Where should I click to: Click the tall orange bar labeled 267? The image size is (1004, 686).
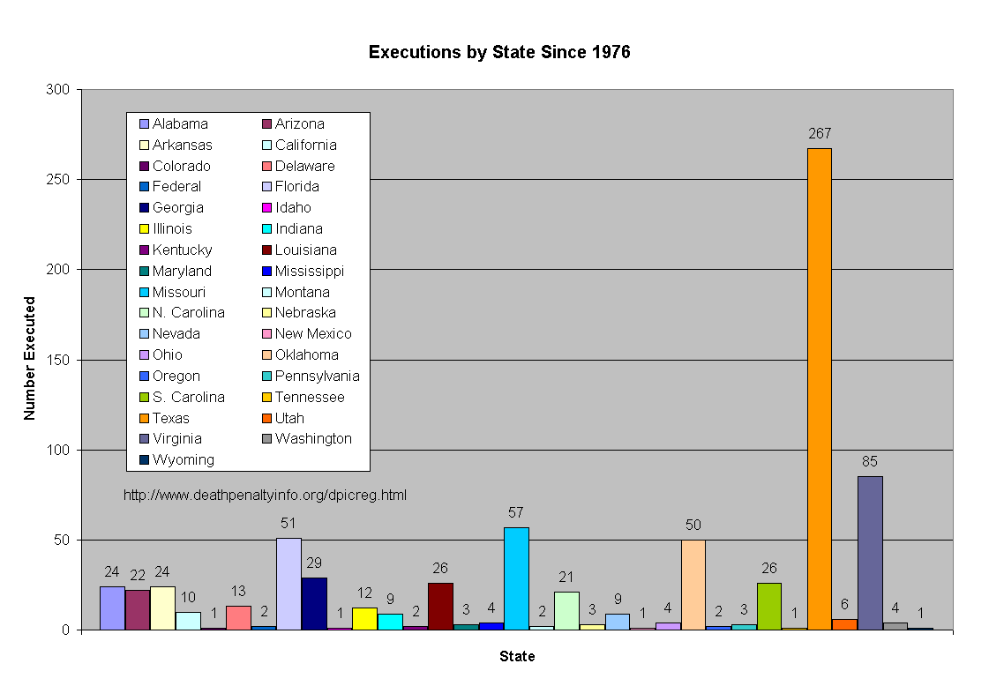(x=819, y=389)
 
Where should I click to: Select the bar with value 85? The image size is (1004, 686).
(x=870, y=553)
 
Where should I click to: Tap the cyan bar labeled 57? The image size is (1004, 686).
(x=516, y=578)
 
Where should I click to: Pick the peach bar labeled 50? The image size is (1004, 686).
(x=693, y=585)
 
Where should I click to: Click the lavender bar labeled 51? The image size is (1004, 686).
(x=288, y=584)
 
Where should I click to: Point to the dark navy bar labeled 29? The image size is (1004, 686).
(x=314, y=603)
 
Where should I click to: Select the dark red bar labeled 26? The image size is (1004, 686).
(x=440, y=606)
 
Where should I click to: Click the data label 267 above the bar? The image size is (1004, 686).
(x=819, y=134)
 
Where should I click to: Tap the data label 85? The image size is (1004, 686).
(x=870, y=461)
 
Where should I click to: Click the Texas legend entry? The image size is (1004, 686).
(x=170, y=418)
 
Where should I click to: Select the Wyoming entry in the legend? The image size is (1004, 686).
(x=183, y=459)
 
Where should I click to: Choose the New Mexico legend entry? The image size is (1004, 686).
(x=312, y=333)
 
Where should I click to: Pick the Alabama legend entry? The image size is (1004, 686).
(x=180, y=123)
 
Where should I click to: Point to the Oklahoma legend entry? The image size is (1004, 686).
(x=306, y=354)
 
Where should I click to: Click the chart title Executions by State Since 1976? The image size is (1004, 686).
(x=499, y=52)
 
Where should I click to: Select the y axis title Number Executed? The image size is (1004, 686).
(x=30, y=358)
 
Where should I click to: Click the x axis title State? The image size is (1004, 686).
(x=517, y=656)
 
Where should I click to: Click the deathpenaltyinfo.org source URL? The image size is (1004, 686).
(x=265, y=495)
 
